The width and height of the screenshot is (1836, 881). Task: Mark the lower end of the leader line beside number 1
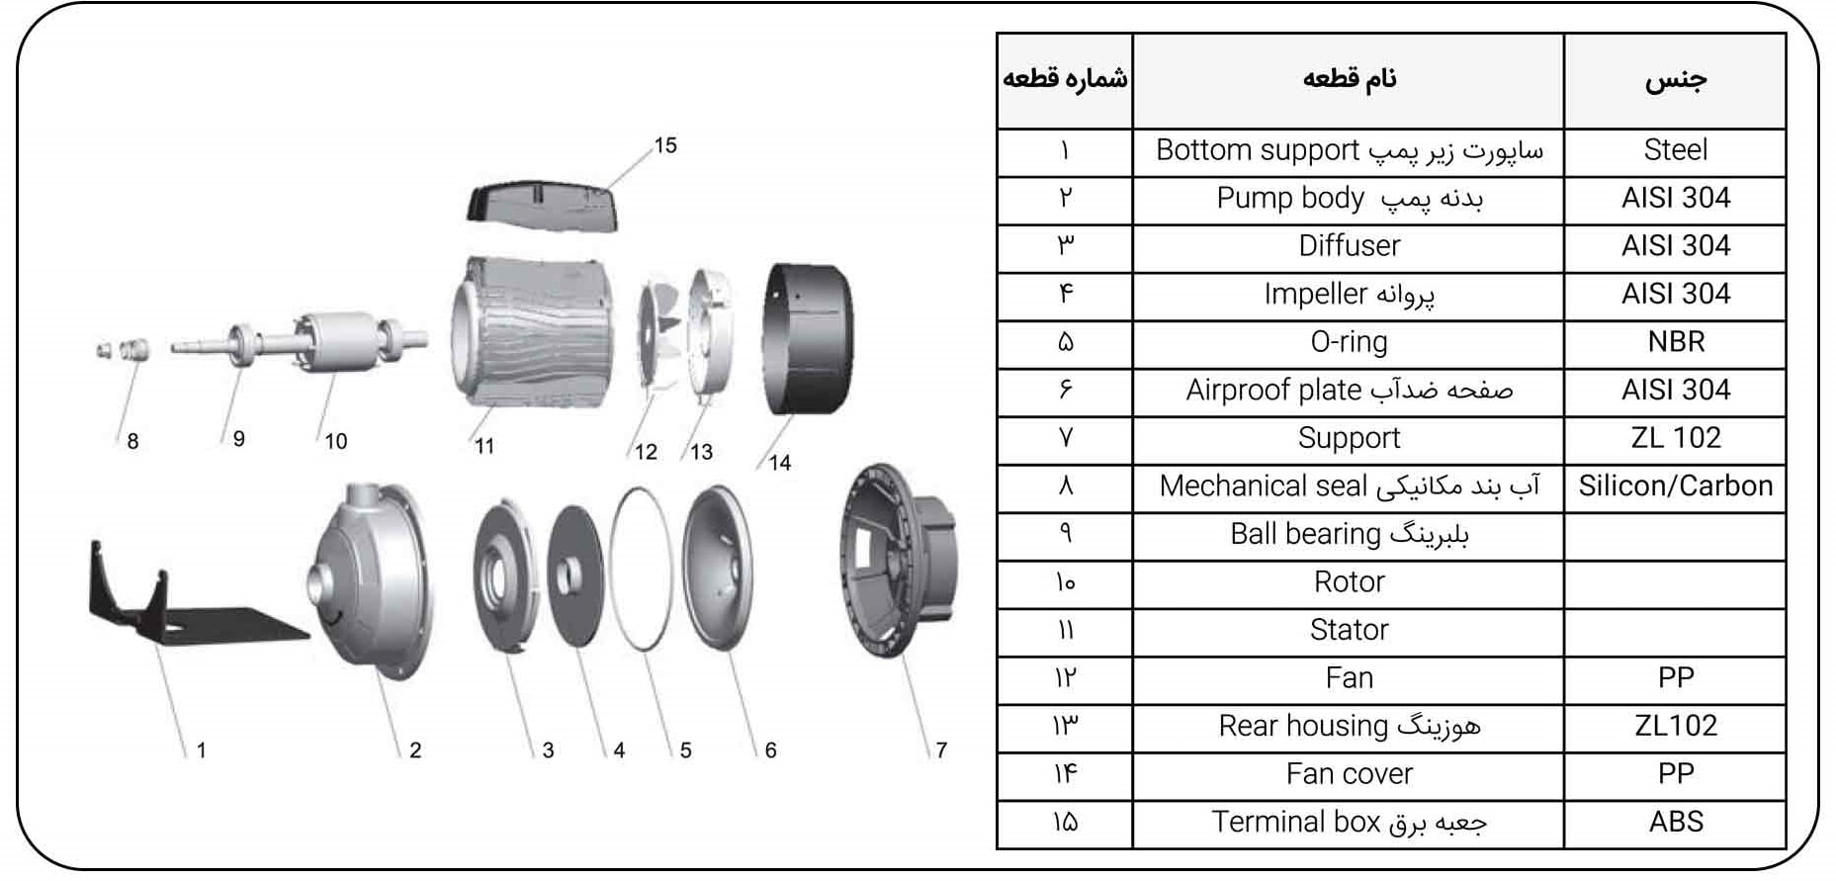pyautogui.click(x=185, y=757)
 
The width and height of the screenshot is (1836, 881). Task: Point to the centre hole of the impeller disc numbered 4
pyautogui.click(x=570, y=573)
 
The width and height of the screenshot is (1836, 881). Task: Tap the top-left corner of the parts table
pyautogui.click(x=998, y=34)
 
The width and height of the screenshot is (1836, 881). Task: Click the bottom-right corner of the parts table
pyautogui.click(x=1786, y=847)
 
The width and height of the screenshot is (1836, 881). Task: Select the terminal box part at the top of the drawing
pyautogui.click(x=543, y=206)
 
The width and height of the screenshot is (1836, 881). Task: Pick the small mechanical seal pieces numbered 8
pyautogui.click(x=123, y=349)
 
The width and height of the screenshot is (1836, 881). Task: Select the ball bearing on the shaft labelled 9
pyautogui.click(x=241, y=344)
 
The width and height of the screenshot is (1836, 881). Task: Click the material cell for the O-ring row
pyautogui.click(x=1675, y=342)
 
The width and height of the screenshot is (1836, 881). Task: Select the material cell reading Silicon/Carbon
pyautogui.click(x=1675, y=486)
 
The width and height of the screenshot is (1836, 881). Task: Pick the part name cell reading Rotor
pyautogui.click(x=1349, y=582)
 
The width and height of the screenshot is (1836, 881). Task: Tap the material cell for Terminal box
pyautogui.click(x=1675, y=823)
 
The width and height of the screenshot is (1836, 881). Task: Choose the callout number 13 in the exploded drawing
pyautogui.click(x=702, y=452)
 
